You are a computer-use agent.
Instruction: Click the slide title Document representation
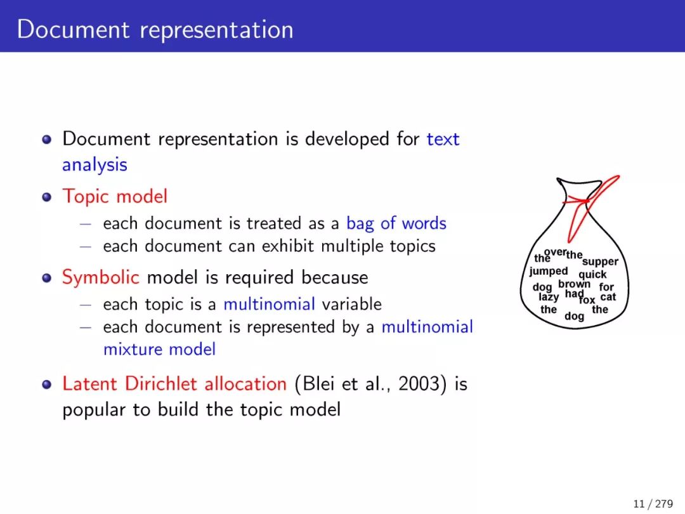[x=155, y=30]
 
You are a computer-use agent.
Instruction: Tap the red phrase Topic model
[x=115, y=197]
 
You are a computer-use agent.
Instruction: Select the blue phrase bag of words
[x=396, y=223]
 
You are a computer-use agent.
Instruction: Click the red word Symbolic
[x=100, y=277]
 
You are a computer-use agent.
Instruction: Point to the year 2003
[x=419, y=384]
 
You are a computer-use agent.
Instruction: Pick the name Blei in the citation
[x=319, y=384]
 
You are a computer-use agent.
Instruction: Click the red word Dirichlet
[x=162, y=384]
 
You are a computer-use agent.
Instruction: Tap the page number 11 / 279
[x=653, y=504]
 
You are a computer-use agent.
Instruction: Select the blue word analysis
[x=95, y=165]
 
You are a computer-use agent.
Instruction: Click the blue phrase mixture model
[x=159, y=350]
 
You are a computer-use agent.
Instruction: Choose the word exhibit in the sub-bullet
[x=288, y=246]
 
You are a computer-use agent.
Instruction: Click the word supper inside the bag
[x=600, y=262]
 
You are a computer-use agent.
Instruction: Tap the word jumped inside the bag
[x=548, y=272]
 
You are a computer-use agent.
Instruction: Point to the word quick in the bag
[x=592, y=275]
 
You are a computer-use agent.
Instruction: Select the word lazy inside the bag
[x=549, y=297]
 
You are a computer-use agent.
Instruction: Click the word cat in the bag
[x=608, y=297]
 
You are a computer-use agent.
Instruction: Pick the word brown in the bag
[x=574, y=284]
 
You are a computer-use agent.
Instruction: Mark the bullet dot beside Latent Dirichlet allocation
[x=47, y=384]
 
